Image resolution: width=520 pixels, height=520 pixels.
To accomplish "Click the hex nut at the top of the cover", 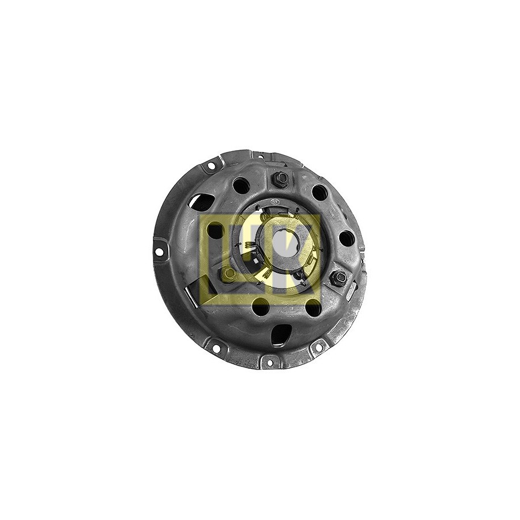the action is click(x=281, y=180).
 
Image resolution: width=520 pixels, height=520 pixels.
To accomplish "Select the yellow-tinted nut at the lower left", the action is click(x=228, y=273).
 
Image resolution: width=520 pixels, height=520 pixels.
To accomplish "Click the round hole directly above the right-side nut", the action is click(x=347, y=238).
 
